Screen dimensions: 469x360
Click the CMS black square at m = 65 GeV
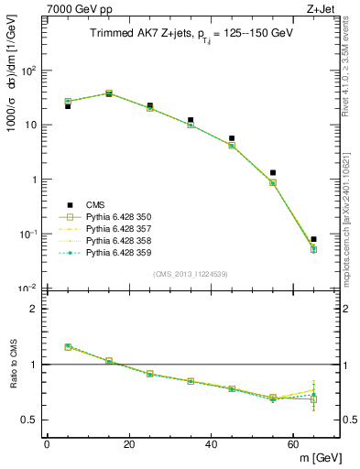coord(313,239)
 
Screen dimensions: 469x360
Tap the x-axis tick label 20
coord(129,444)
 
